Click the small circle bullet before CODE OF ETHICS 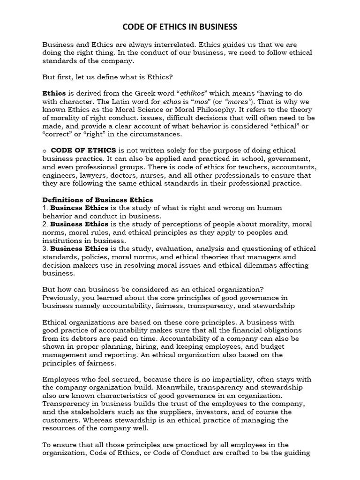[x=44, y=150]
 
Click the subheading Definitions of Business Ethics [x=97, y=200]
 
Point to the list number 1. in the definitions [x=45, y=208]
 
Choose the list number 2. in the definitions [x=45, y=224]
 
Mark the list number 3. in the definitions [x=45, y=248]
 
